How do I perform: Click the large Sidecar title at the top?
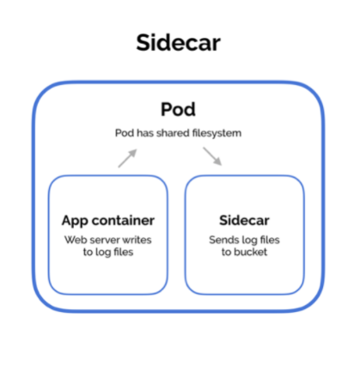(178, 43)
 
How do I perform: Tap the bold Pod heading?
(178, 109)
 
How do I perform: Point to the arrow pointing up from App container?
(127, 158)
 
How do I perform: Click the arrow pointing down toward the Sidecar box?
(212, 156)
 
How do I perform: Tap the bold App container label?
(108, 221)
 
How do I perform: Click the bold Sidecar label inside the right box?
(244, 220)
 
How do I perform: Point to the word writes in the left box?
(137, 240)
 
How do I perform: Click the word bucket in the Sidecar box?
(250, 252)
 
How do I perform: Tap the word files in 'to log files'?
(124, 252)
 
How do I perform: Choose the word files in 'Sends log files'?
(270, 240)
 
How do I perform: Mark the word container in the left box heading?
(123, 220)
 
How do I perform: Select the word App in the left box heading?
(75, 221)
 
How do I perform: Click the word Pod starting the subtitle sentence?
(125, 133)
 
